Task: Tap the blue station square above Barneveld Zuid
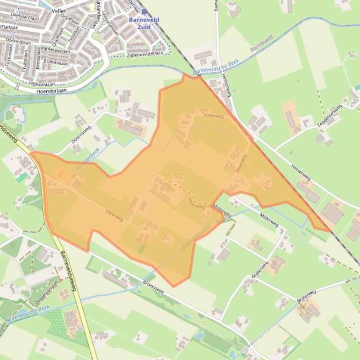[144, 12]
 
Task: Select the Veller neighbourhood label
[59, 10]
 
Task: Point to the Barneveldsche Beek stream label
[216, 68]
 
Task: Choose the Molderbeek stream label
[88, 158]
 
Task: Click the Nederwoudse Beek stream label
[28, 314]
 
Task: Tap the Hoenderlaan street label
[51, 90]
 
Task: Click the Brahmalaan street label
[56, 63]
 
